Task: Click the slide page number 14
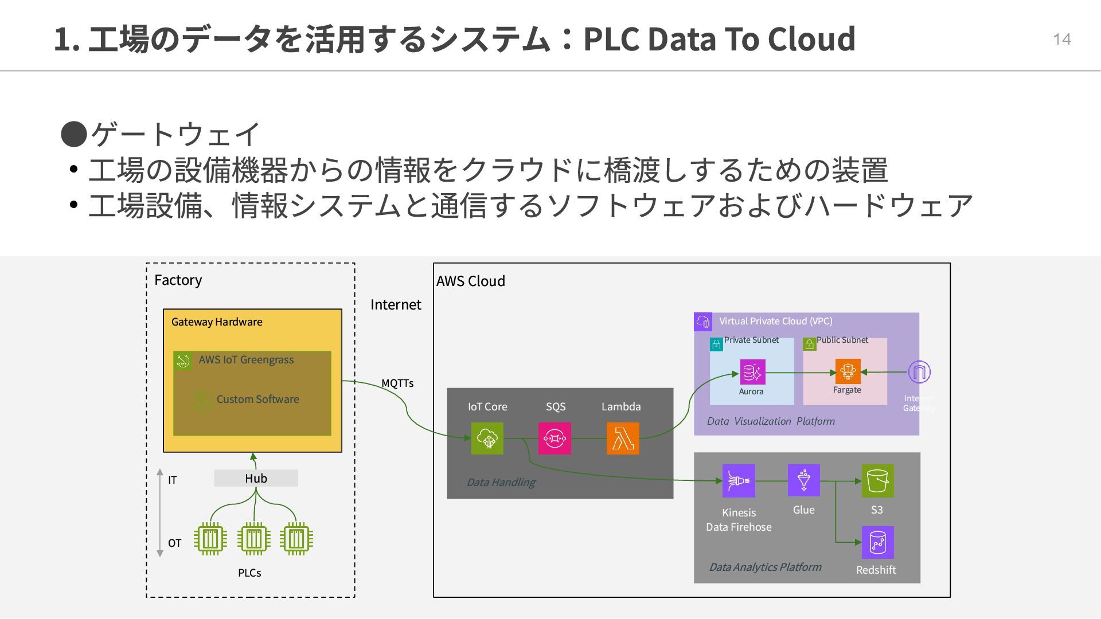(1061, 39)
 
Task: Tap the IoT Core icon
(487, 438)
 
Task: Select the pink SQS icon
(555, 438)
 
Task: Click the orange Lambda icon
(623, 438)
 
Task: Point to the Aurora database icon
(752, 373)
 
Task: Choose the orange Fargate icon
(848, 371)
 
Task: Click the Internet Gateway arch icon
(919, 372)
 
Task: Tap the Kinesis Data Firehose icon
(739, 480)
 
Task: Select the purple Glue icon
(803, 480)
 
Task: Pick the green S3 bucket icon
(877, 480)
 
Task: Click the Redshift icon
(877, 542)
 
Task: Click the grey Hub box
(256, 478)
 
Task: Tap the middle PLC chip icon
(253, 539)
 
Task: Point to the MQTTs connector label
(397, 383)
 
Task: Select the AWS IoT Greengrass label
(246, 360)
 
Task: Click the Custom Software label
(257, 399)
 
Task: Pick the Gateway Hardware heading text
(217, 322)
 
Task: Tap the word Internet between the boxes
(396, 304)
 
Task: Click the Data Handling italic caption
(501, 483)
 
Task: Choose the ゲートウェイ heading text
(175, 134)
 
